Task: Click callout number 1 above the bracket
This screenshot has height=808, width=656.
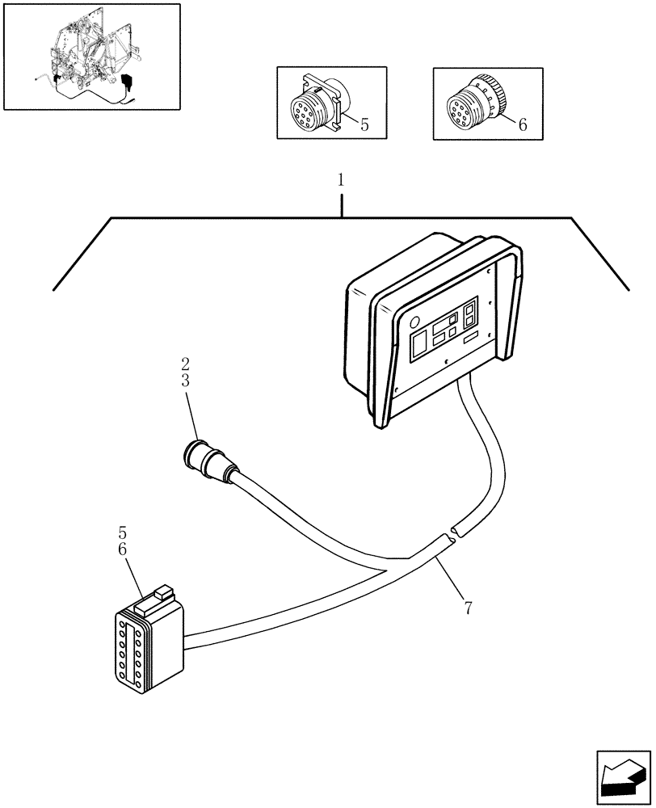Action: [341, 180]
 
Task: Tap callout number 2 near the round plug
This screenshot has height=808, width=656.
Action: [186, 364]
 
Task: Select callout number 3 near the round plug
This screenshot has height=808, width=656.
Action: [186, 380]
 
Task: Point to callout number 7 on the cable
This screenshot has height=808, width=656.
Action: [469, 606]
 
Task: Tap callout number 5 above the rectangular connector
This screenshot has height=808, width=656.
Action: [122, 533]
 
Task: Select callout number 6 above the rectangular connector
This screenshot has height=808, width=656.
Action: [122, 549]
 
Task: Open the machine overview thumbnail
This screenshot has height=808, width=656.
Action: [91, 57]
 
